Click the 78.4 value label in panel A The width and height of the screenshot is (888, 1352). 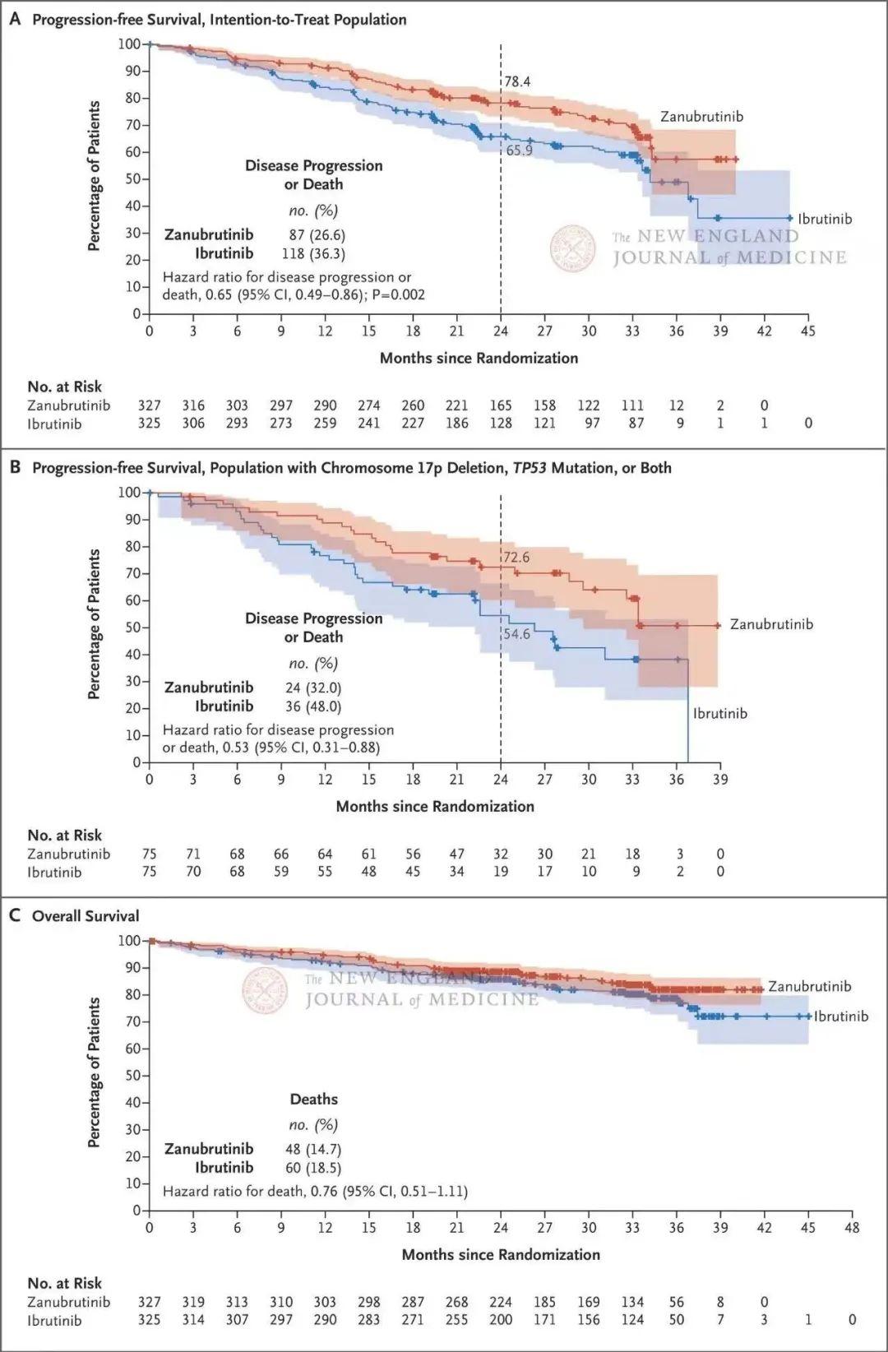pyautogui.click(x=518, y=81)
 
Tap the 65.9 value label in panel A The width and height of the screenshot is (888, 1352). pyautogui.click(x=519, y=150)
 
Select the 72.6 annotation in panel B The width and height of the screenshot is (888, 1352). pyautogui.click(x=516, y=558)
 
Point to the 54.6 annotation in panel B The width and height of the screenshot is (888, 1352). pyautogui.click(x=516, y=634)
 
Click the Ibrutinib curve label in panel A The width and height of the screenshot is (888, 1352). pyautogui.click(x=825, y=219)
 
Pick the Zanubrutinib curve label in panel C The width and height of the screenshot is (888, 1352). pyautogui.click(x=810, y=986)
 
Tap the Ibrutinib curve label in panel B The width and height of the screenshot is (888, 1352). pyautogui.click(x=720, y=713)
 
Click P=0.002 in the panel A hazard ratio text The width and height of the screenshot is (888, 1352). pyautogui.click(x=398, y=294)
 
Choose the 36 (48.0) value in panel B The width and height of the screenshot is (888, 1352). pyautogui.click(x=313, y=706)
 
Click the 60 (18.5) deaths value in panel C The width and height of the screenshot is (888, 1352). pyautogui.click(x=313, y=1167)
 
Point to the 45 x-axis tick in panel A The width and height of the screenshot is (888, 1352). pyautogui.click(x=808, y=331)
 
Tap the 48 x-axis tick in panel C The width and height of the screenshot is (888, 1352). pyautogui.click(x=852, y=1227)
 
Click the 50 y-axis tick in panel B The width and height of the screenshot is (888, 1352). pyautogui.click(x=132, y=627)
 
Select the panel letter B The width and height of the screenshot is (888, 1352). pyautogui.click(x=15, y=467)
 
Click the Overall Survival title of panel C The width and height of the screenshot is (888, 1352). pyautogui.click(x=86, y=915)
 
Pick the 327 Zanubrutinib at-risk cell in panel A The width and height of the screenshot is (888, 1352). pyautogui.click(x=149, y=405)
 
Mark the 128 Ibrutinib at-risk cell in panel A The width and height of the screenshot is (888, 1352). pyautogui.click(x=501, y=423)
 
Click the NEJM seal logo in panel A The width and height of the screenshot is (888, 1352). pyautogui.click(x=573, y=248)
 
